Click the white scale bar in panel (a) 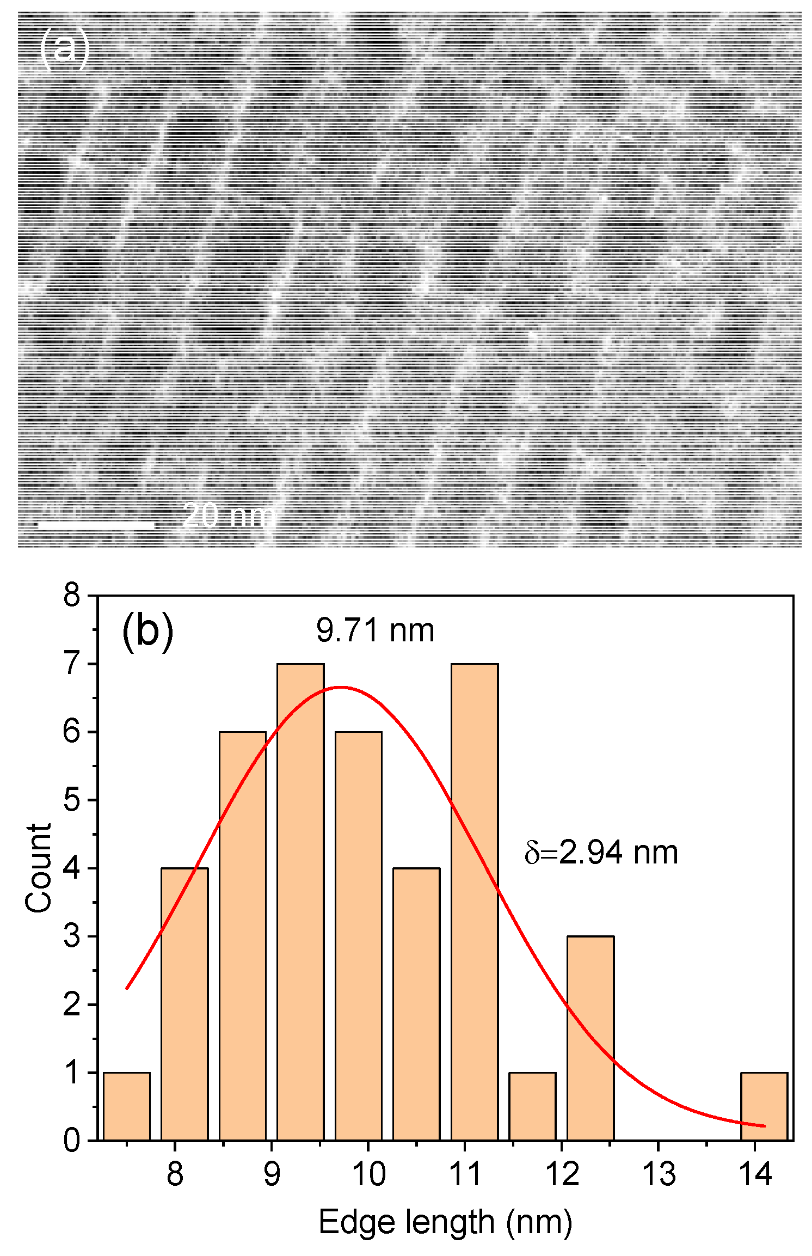[96, 525]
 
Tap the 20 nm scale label [229, 515]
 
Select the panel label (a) [64, 48]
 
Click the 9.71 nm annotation [375, 631]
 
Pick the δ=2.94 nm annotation [601, 853]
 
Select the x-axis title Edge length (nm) [445, 1222]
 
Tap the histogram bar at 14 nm [764, 1106]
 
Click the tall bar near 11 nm [474, 902]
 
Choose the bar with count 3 [590, 1038]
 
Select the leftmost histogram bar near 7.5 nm [127, 1106]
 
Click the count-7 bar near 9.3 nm [300, 902]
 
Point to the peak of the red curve [341, 688]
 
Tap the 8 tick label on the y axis [71, 596]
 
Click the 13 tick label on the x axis [658, 1174]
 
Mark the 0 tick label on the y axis [71, 1141]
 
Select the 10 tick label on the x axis [368, 1174]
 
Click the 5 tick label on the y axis [71, 800]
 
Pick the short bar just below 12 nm [532, 1106]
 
